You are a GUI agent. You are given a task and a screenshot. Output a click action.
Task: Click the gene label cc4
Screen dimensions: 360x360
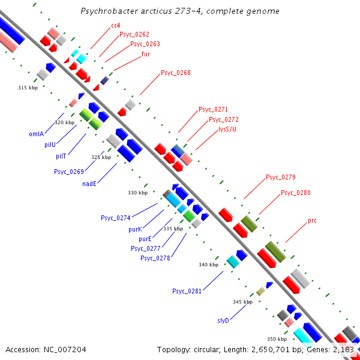click(x=116, y=25)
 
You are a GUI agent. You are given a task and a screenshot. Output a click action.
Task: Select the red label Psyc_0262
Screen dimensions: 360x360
click(x=134, y=35)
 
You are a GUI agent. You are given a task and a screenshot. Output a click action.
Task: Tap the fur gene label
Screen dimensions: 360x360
click(x=146, y=54)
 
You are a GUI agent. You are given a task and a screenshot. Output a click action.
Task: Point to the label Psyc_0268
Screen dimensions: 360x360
click(x=176, y=73)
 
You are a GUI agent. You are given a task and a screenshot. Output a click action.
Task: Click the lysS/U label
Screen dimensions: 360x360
click(x=227, y=129)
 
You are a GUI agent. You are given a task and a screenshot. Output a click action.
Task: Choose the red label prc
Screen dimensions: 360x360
click(x=312, y=221)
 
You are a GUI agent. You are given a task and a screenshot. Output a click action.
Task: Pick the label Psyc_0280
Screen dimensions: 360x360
click(x=296, y=193)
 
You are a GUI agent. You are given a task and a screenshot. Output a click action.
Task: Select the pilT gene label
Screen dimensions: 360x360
click(x=61, y=156)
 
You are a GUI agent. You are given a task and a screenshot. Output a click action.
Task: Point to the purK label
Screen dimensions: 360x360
click(x=135, y=229)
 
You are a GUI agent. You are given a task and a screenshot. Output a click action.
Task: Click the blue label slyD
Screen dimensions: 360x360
click(x=223, y=320)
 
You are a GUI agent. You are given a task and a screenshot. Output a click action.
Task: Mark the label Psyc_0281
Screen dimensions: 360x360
click(x=187, y=291)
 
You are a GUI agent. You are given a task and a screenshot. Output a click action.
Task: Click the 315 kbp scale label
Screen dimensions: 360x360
click(x=28, y=88)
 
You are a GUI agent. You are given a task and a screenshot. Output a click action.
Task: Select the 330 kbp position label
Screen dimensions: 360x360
click(x=137, y=193)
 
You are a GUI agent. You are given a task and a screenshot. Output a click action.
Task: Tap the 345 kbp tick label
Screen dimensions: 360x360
click(x=242, y=302)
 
